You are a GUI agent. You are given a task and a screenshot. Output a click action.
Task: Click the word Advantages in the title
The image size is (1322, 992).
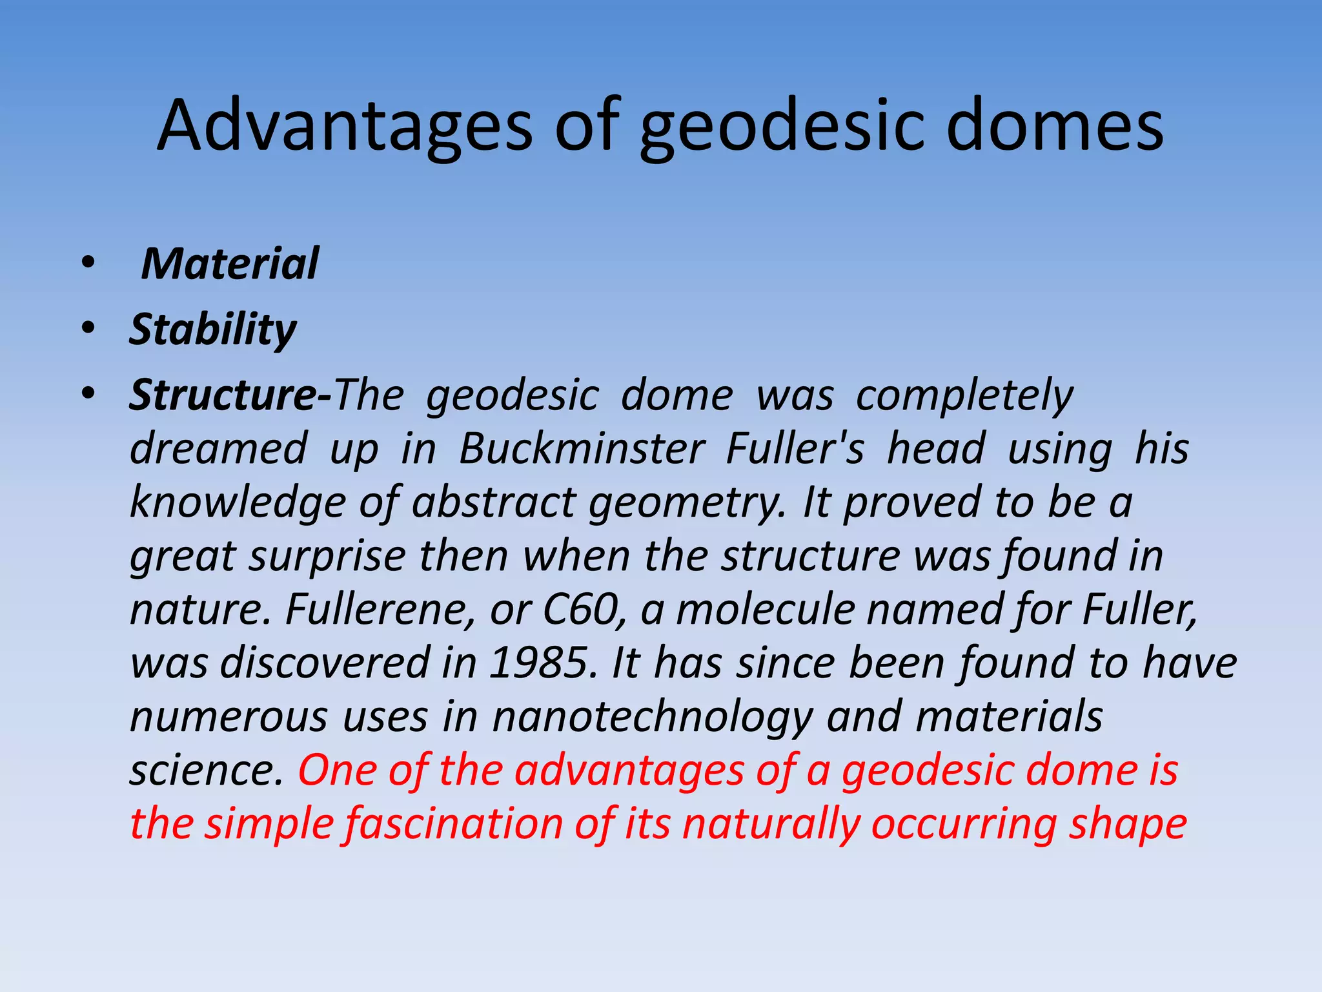point(345,126)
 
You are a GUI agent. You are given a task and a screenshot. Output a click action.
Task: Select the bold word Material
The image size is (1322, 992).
point(230,264)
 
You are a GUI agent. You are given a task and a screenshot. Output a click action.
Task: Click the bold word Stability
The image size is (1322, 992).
point(212,330)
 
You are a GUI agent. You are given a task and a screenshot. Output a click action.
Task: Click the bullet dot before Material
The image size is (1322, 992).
point(88,263)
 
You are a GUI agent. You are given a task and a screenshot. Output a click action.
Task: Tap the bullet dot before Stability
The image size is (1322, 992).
point(88,328)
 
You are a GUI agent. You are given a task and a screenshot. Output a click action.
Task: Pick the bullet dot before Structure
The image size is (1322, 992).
point(88,393)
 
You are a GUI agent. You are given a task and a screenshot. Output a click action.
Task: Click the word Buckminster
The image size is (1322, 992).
point(581,449)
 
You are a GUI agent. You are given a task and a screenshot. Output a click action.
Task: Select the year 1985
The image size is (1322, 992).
point(539,663)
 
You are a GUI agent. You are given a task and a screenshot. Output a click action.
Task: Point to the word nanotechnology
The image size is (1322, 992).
point(652,718)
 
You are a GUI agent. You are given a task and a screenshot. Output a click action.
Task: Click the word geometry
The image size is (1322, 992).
point(686,504)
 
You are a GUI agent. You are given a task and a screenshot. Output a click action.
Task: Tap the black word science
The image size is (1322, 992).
point(206,771)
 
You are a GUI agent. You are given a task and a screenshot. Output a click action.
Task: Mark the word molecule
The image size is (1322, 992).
point(765,610)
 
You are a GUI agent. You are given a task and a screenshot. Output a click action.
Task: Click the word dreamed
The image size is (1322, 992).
point(218,449)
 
